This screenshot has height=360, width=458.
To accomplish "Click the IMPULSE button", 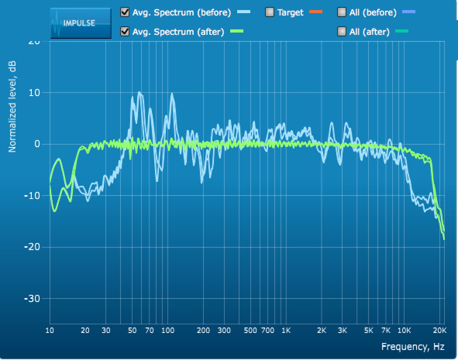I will pyautogui.click(x=81, y=23).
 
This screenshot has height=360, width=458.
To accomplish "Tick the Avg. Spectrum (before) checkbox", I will pyautogui.click(x=125, y=12).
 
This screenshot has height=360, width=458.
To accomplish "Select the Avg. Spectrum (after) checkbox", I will pyautogui.click(x=125, y=32).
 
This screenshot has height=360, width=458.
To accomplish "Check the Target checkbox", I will pyautogui.click(x=270, y=12).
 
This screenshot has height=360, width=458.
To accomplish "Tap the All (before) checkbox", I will pyautogui.click(x=342, y=12).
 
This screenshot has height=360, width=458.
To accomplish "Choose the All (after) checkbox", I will pyautogui.click(x=342, y=32).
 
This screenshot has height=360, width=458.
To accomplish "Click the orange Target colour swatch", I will pyautogui.click(x=316, y=12).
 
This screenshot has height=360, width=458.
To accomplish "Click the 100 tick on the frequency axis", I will pyautogui.click(x=167, y=330).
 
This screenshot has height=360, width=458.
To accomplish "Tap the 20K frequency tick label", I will pyautogui.click(x=439, y=330).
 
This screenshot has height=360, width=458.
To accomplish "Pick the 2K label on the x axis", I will pyautogui.click(x=322, y=330).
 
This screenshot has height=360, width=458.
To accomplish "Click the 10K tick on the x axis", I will pyautogui.click(x=404, y=330).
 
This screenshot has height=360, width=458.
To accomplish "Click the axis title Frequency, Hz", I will pyautogui.click(x=413, y=346).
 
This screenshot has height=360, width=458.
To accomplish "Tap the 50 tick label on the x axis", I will pyautogui.click(x=133, y=330).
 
